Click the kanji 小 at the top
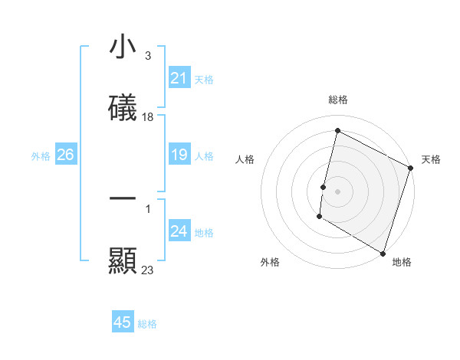(x=123, y=47)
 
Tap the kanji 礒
(x=123, y=108)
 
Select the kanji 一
(x=123, y=198)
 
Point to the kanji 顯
(x=123, y=260)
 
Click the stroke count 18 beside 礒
(x=148, y=117)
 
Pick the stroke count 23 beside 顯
(x=148, y=270)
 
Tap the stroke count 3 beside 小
(x=147, y=56)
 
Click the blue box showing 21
(x=179, y=78)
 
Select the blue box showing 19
(x=179, y=155)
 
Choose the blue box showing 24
(x=179, y=231)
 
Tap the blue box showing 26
(x=65, y=155)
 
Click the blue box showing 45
(x=123, y=322)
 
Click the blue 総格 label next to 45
(x=147, y=324)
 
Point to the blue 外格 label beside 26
(x=41, y=156)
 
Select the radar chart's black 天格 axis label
(x=431, y=159)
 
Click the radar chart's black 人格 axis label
(x=245, y=159)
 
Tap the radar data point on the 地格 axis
(x=383, y=253)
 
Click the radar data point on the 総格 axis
(x=337, y=131)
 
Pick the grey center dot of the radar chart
(x=337, y=190)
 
